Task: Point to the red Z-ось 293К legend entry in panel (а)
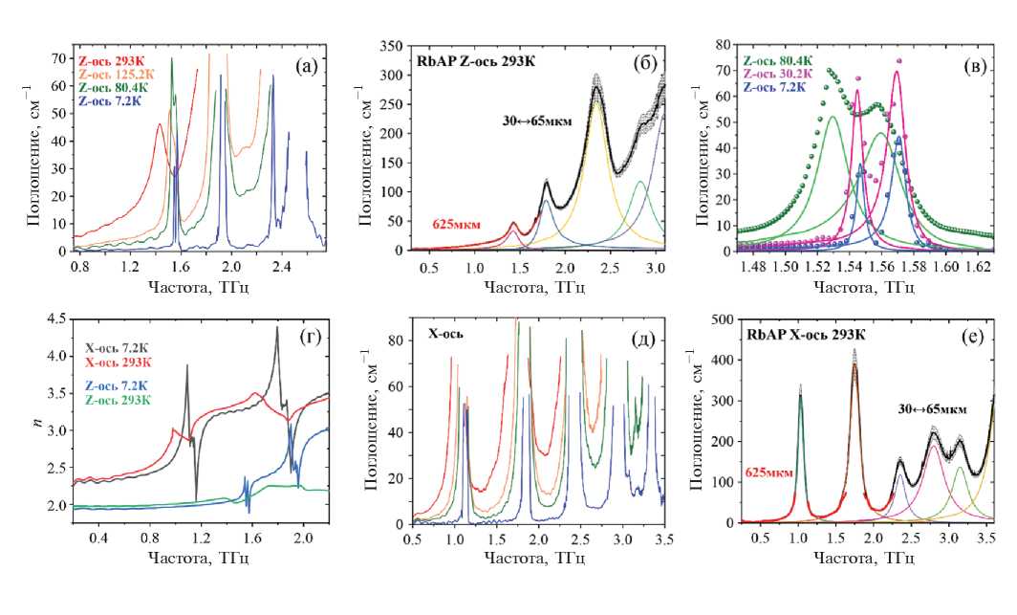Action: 112,59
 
